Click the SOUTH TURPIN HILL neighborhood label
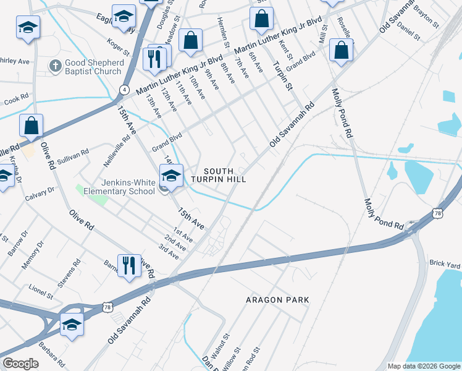[219, 175]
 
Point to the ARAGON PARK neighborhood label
[277, 300]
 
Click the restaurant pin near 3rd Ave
[128, 265]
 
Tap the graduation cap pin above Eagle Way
[124, 16]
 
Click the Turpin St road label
[282, 75]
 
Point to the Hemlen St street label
[223, 33]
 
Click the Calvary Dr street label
[40, 195]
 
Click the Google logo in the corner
[20, 364]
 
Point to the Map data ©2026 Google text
[423, 366]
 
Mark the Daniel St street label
[408, 32]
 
